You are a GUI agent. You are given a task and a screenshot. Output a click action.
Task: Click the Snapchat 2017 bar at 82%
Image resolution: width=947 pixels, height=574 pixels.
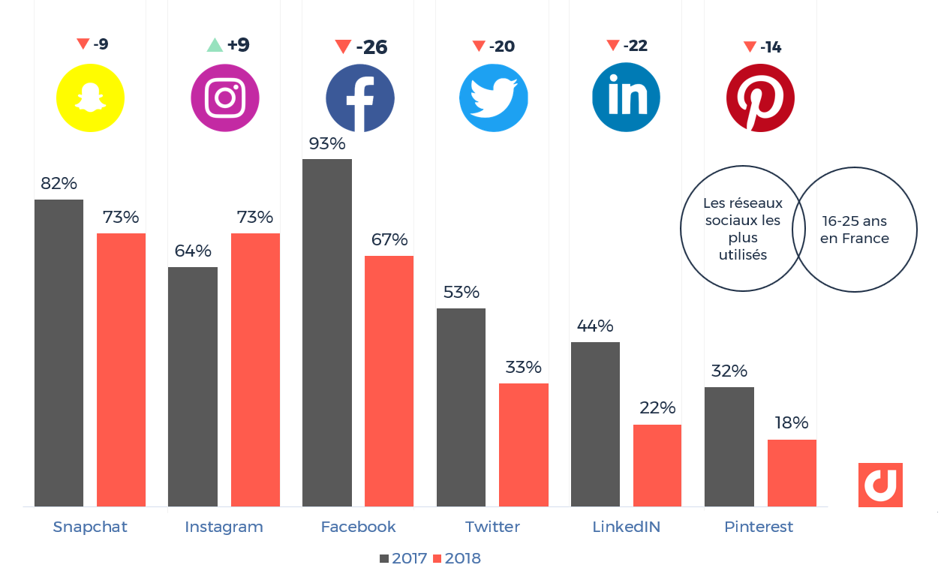coord(59,353)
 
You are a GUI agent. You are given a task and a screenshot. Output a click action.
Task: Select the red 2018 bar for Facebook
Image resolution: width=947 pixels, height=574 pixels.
coord(389,381)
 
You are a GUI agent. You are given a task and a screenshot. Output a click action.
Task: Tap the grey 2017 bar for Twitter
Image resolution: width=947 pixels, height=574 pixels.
coord(461,407)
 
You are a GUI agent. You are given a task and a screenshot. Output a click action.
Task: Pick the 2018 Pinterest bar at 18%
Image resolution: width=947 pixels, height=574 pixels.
coord(792,473)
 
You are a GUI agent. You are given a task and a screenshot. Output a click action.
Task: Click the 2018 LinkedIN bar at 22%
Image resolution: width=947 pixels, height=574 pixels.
coord(657,465)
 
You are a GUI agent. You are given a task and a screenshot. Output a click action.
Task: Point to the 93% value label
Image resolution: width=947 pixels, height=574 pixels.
coord(327,143)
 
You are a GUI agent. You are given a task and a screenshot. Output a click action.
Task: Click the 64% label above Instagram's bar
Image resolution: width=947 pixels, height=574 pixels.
coord(193,251)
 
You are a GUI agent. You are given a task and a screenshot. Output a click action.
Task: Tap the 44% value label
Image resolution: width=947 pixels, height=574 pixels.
coord(595,326)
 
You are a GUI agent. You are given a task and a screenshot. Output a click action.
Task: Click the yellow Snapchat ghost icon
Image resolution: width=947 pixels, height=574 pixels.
coord(91,98)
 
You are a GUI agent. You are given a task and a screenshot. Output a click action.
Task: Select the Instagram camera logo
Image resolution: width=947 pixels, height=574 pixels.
coord(225,98)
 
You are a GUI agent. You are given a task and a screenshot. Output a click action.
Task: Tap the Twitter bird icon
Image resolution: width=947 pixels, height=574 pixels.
coord(493,98)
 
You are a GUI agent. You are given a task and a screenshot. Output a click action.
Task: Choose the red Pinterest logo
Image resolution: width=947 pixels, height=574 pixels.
coord(760,98)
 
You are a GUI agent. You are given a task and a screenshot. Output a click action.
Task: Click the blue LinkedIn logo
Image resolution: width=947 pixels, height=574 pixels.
coord(626,98)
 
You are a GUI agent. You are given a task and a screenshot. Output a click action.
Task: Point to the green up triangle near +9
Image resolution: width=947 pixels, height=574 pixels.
coord(215,45)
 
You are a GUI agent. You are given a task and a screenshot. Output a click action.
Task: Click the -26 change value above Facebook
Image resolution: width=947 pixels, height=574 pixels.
coord(371,47)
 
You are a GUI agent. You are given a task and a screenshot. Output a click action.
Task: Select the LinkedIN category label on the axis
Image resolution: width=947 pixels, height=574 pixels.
coord(627,527)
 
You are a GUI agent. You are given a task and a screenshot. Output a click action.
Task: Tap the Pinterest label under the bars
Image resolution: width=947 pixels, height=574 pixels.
coord(759,527)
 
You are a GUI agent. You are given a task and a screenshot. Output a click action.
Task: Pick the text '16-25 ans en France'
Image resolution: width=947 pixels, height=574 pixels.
coord(855,230)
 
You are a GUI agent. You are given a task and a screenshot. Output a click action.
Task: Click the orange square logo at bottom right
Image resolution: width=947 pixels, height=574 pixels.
coord(880,485)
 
